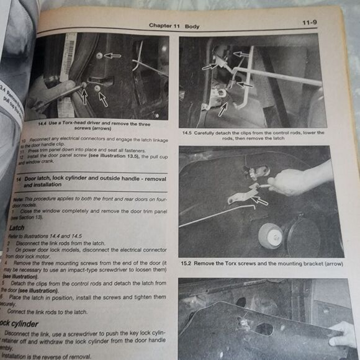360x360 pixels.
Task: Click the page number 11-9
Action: (x=310, y=23)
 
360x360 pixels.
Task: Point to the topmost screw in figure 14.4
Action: (x=99, y=56)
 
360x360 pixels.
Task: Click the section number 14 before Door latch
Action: (x=16, y=179)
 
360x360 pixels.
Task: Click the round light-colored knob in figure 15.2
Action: (x=269, y=233)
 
